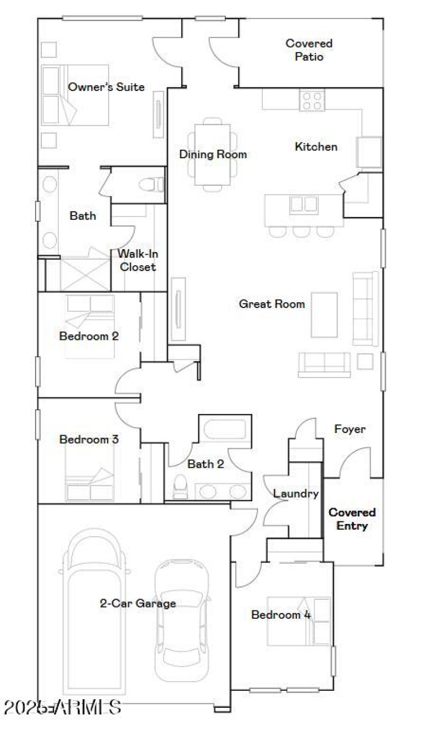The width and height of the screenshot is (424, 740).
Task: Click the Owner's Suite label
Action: click(x=106, y=87)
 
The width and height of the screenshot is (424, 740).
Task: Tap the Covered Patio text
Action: click(x=309, y=50)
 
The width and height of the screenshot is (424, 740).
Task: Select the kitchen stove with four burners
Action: click(x=312, y=100)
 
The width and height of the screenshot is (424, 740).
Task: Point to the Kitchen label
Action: click(x=316, y=147)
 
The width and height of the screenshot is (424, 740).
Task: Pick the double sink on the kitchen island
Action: click(x=304, y=204)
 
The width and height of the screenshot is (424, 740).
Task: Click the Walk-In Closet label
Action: click(x=138, y=260)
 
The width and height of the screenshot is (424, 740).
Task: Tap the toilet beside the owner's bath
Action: click(x=151, y=185)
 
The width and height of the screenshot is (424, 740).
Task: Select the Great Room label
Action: click(x=272, y=304)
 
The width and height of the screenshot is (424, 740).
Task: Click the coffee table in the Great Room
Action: click(x=324, y=314)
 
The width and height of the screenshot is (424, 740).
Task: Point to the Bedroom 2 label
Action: click(x=89, y=336)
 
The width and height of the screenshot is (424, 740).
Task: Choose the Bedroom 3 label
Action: click(x=89, y=439)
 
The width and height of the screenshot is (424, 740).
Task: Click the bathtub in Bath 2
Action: click(x=225, y=429)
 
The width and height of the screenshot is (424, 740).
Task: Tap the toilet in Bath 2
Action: click(x=181, y=486)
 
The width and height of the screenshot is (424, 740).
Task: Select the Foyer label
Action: click(x=350, y=429)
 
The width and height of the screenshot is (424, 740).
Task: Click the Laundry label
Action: click(x=296, y=494)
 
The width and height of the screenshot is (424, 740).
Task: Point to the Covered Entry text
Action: click(x=352, y=519)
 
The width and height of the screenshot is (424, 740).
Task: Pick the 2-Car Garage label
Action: click(x=138, y=603)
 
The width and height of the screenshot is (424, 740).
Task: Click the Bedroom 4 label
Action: click(x=281, y=615)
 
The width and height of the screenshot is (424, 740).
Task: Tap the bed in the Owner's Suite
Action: click(x=74, y=95)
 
